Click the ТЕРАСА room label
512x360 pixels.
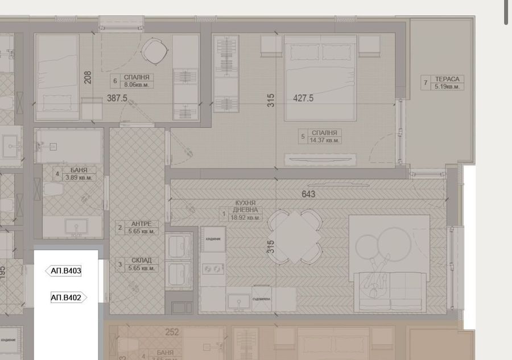click(x=447, y=79)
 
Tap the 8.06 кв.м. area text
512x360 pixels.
click(x=137, y=85)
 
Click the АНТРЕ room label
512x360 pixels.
click(x=141, y=224)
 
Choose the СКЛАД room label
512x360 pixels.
click(x=141, y=260)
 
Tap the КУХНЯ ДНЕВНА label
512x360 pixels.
click(x=245, y=206)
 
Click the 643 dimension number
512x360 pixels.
click(x=308, y=194)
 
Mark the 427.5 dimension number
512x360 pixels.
click(x=303, y=98)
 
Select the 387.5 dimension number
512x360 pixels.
click(x=117, y=98)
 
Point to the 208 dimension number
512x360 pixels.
click(x=88, y=77)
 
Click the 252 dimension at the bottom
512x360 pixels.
click(x=172, y=332)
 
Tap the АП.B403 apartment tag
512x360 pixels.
click(x=65, y=271)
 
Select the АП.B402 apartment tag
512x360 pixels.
click(x=67, y=297)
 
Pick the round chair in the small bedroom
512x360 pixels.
click(x=153, y=52)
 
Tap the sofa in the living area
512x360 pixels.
click(x=390, y=290)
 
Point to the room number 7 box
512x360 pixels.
click(x=425, y=82)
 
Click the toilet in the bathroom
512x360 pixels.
click(x=52, y=189)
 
